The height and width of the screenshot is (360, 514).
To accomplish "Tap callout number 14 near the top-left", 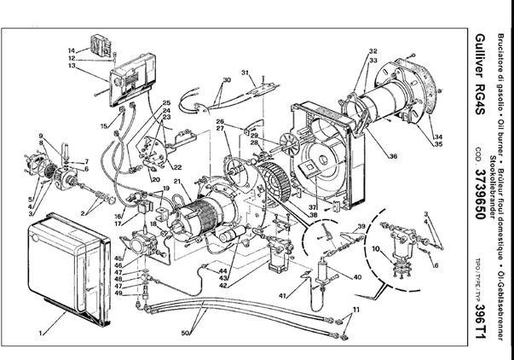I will click(x=72, y=50).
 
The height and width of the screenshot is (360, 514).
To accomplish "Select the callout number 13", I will click(x=72, y=66).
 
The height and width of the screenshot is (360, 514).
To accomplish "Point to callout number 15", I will click(x=105, y=126).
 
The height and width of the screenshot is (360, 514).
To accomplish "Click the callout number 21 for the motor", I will click(x=176, y=181).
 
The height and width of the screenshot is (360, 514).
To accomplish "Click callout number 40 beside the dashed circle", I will click(x=357, y=277).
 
